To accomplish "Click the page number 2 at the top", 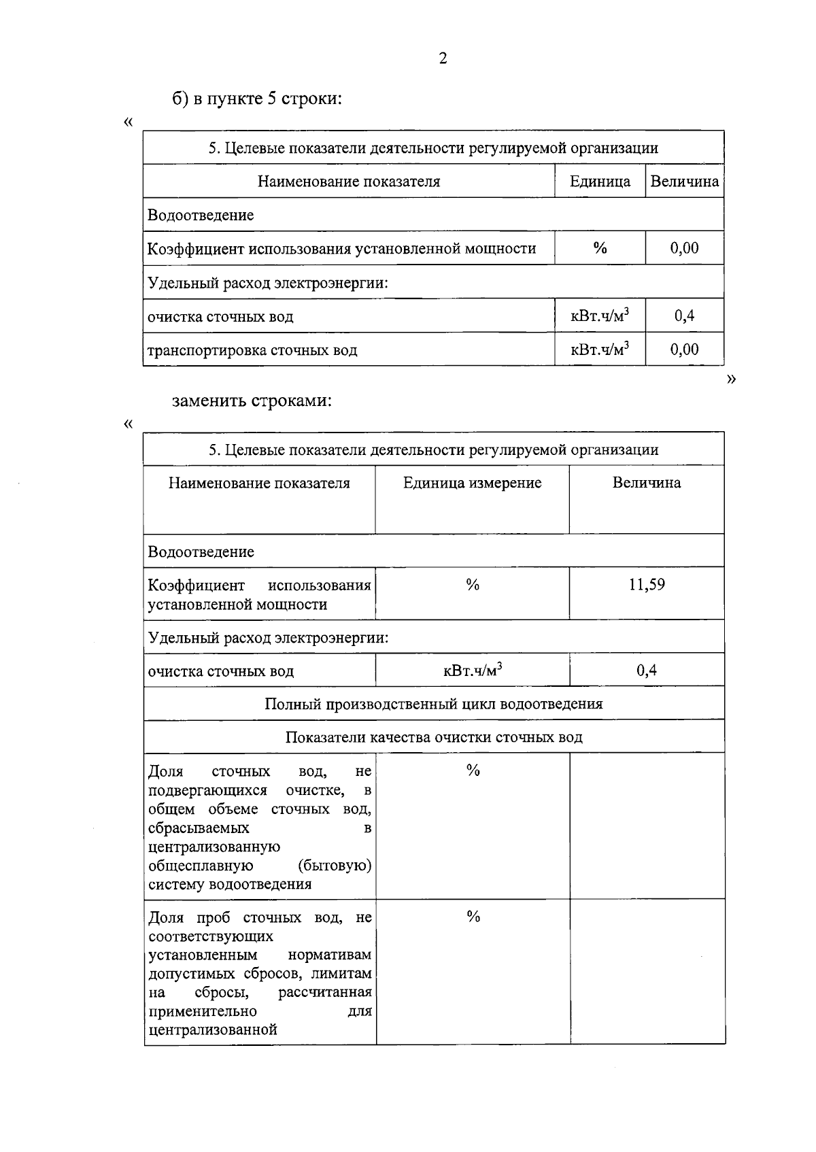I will (443, 58).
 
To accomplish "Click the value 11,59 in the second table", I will (647, 585).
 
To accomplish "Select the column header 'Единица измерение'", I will (472, 483).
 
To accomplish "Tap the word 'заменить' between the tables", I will (209, 401).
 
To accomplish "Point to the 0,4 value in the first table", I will (684, 316).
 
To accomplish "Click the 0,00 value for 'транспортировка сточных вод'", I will (684, 350).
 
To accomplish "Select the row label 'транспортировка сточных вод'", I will (252, 350).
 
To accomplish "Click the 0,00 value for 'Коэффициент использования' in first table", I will (684, 248).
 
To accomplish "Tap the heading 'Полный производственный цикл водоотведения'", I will (434, 704).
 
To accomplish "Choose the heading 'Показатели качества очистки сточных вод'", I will (434, 737).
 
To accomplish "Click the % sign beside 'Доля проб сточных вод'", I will (473, 917).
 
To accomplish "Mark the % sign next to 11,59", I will (473, 585).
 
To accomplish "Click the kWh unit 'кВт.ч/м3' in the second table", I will (473, 671).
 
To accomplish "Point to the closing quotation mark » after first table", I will (731, 379).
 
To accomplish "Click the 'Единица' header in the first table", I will (600, 182).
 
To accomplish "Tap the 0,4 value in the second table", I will (647, 671).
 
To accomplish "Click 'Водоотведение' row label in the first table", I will (201, 216).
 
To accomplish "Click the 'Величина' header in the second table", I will (646, 483).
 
